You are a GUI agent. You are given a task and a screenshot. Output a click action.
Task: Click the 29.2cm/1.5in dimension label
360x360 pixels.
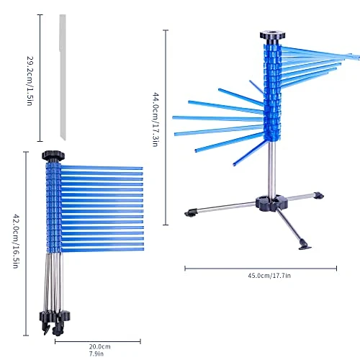click(x=30, y=81)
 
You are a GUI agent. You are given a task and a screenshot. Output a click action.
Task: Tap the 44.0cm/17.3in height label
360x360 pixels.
click(x=156, y=120)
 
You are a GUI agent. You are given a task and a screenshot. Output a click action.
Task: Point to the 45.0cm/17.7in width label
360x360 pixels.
click(x=269, y=276)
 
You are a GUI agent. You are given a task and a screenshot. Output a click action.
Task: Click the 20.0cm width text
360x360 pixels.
click(x=100, y=346)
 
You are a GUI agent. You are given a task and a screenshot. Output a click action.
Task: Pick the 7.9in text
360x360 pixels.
click(x=96, y=354)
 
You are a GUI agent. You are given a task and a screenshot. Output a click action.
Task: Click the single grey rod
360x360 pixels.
click(x=63, y=77)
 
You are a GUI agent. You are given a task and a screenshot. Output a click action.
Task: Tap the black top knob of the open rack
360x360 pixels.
click(x=272, y=35)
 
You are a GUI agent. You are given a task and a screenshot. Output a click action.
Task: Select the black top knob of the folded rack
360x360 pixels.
click(x=53, y=156)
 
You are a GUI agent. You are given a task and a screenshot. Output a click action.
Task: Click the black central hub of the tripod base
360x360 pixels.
click(x=271, y=202)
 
